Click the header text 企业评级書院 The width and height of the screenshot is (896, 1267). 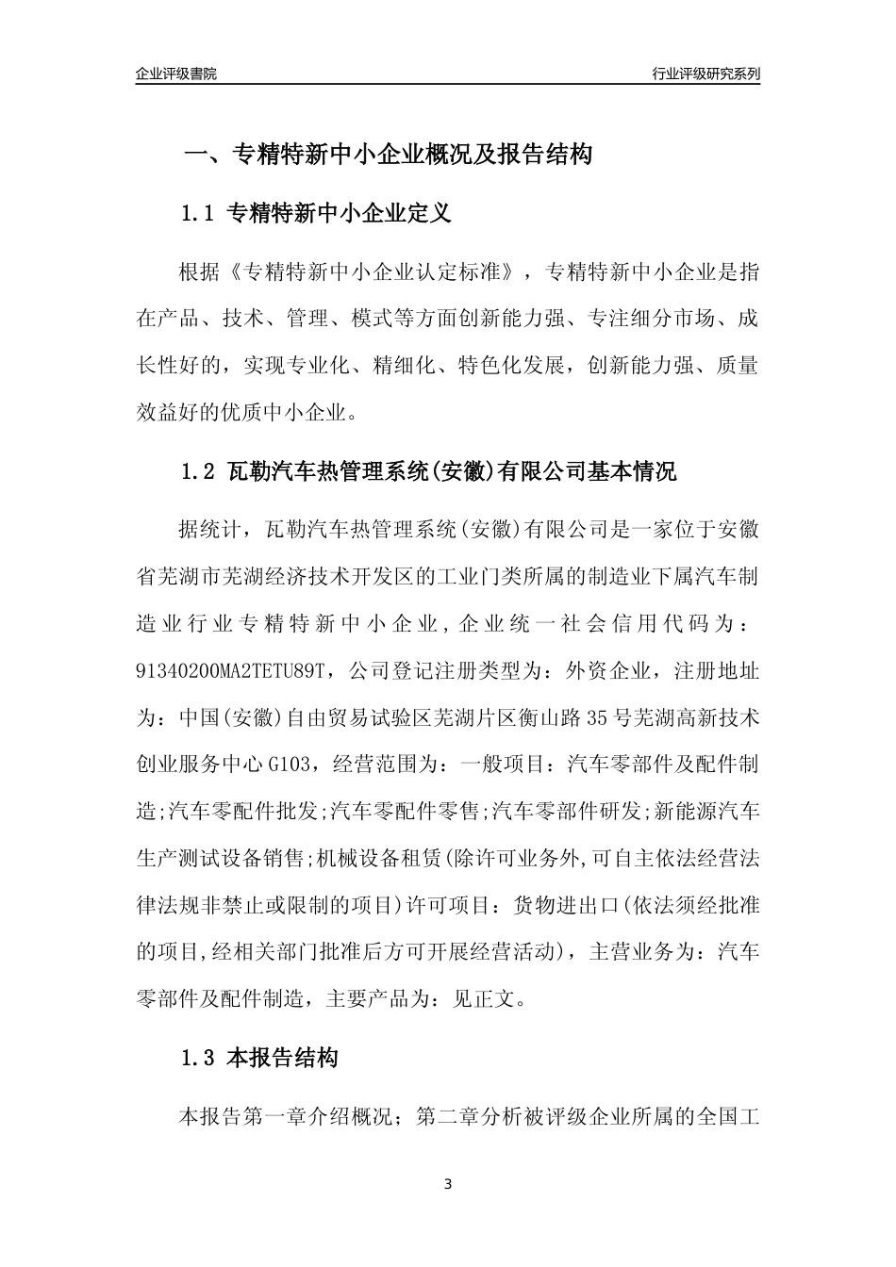click(x=175, y=74)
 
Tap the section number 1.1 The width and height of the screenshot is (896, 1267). click(x=199, y=214)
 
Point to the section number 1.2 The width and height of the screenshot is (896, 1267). click(x=199, y=471)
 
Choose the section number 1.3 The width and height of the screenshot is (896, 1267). click(x=199, y=1059)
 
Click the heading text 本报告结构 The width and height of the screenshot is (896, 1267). click(x=282, y=1059)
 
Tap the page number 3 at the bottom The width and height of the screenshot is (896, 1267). click(x=448, y=1184)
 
